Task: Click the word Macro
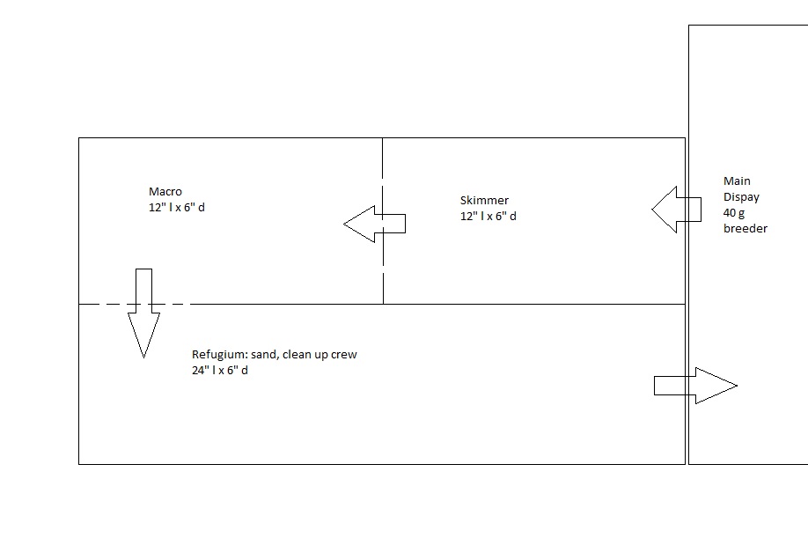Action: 165,192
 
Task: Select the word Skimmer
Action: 484,201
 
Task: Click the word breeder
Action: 746,228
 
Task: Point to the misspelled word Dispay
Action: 741,197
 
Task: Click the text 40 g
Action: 734,213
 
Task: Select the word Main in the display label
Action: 737,181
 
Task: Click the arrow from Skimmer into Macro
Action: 375,224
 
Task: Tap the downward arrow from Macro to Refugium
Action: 143,313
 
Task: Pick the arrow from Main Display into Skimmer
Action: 676,210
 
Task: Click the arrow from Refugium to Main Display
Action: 695,386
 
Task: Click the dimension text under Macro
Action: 177,207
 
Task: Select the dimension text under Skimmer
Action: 488,216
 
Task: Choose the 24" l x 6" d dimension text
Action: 219,370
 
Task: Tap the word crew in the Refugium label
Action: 344,355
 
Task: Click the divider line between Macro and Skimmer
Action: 383,220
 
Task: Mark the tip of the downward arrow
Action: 143,357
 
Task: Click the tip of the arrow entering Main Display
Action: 737,386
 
